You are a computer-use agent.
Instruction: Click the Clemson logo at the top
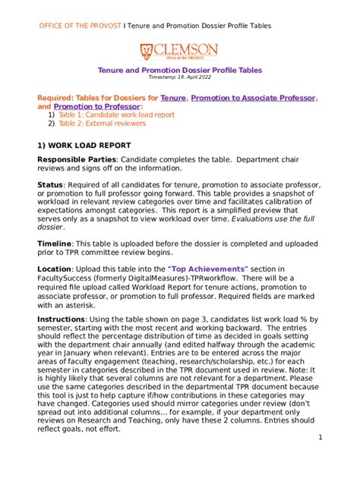[179, 52]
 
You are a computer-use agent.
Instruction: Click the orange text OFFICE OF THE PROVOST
[79, 26]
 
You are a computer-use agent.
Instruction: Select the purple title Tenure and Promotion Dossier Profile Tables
[179, 70]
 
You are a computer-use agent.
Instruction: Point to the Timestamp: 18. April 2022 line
[179, 78]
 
